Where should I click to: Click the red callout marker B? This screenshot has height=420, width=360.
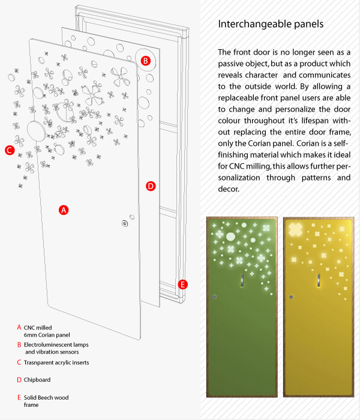[145, 61]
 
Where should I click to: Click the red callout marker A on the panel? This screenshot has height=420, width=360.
[64, 210]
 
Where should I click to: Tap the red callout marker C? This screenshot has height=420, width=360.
[9, 150]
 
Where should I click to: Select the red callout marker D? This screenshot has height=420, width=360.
[151, 186]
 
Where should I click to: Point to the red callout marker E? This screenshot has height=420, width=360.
[184, 284]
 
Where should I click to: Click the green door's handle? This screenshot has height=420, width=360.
[242, 280]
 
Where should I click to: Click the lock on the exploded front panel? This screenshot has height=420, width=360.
[125, 223]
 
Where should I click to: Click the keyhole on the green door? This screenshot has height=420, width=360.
[215, 296]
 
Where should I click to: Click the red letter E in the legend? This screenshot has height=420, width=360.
[19, 397]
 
